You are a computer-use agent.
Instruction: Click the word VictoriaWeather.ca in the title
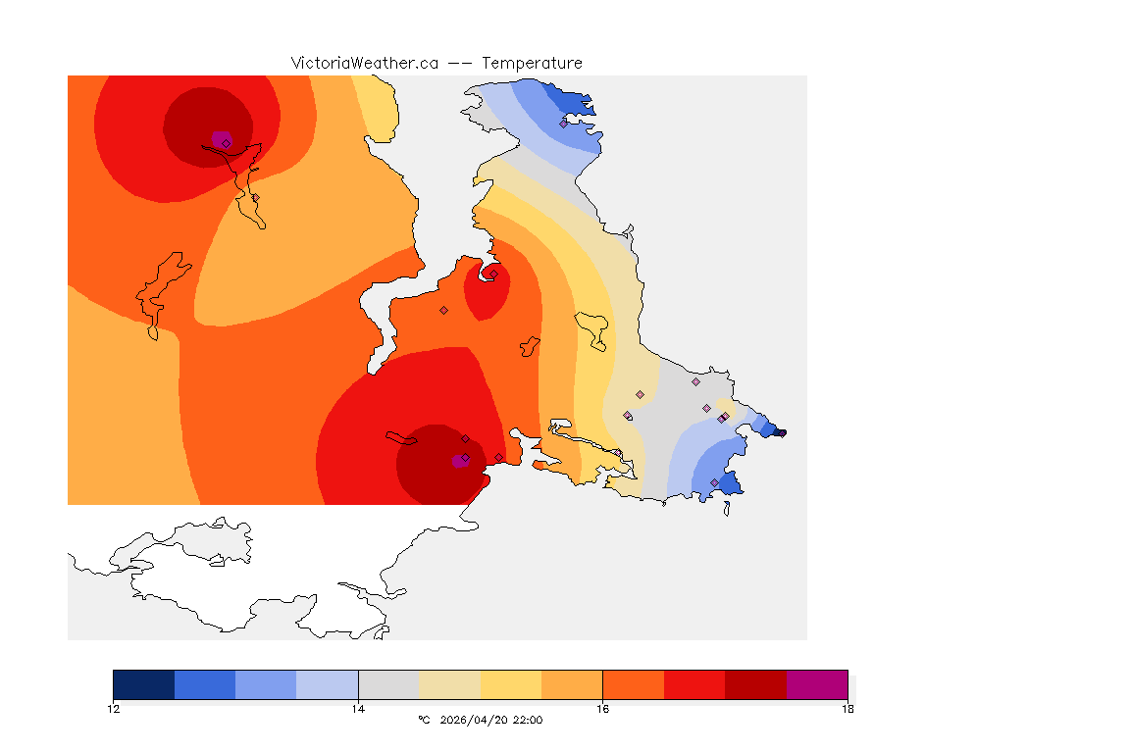pos(364,63)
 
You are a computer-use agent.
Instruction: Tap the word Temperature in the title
pos(533,63)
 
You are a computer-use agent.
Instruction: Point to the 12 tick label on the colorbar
pos(114,709)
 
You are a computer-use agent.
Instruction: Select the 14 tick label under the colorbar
pos(359,709)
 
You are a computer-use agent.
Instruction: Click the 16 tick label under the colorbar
pos(603,709)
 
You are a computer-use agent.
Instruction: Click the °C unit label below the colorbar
pos(424,721)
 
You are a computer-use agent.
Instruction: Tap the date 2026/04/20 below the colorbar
pos(473,721)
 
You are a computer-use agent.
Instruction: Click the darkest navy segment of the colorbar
pos(144,684)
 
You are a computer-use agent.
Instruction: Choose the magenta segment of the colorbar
pos(817,684)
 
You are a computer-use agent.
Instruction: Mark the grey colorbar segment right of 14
pos(389,684)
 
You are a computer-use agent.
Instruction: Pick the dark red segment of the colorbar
pos(755,684)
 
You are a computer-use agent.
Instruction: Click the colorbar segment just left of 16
pos(572,684)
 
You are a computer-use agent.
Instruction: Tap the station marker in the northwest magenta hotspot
pos(226,143)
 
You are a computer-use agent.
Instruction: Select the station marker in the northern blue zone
pos(564,124)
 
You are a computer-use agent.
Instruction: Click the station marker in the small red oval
pos(493,274)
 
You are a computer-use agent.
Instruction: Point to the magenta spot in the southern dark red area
pos(458,461)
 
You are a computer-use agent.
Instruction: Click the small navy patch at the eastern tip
pos(779,431)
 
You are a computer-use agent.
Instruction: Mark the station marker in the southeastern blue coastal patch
pos(714,482)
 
